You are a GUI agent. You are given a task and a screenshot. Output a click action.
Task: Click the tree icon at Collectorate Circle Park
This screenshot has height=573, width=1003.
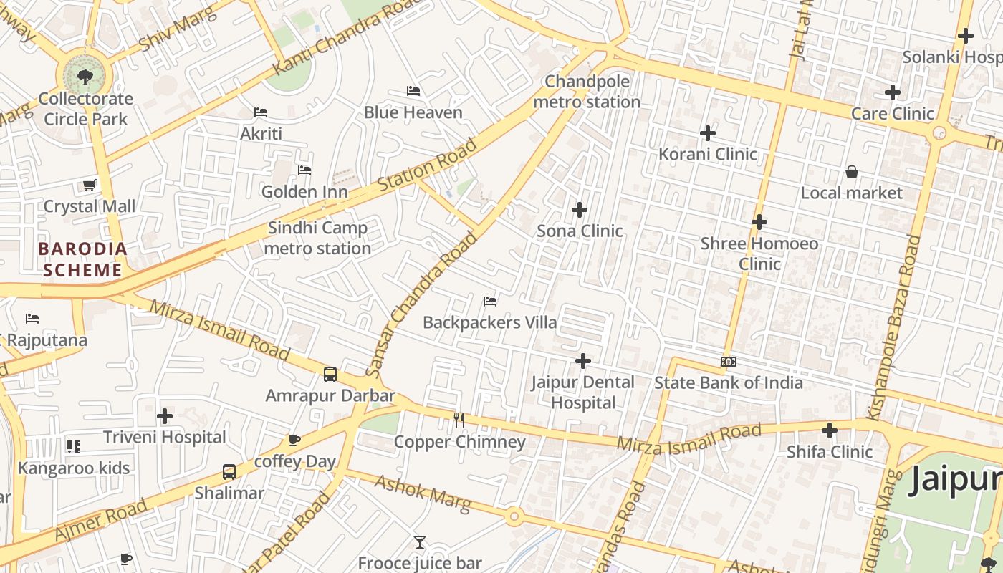pyautogui.click(x=85, y=75)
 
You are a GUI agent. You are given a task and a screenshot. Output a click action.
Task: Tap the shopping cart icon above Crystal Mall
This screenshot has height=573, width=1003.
pyautogui.click(x=89, y=186)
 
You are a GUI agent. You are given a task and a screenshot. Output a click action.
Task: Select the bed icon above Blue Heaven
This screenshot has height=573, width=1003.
pyautogui.click(x=413, y=91)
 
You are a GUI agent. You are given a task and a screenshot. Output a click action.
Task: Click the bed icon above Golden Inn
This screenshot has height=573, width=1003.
pyautogui.click(x=304, y=170)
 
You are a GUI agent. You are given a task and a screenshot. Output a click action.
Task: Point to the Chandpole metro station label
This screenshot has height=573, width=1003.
pyautogui.click(x=587, y=92)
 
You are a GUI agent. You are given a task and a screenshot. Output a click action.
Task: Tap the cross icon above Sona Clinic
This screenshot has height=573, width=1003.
pyautogui.click(x=580, y=210)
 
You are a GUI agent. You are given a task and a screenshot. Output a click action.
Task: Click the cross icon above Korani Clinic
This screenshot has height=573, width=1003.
pyautogui.click(x=708, y=133)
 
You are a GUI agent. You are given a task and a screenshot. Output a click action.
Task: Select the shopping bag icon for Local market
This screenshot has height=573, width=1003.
pyautogui.click(x=852, y=172)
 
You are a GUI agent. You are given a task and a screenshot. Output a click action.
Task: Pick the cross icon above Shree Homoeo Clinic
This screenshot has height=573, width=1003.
pyautogui.click(x=759, y=222)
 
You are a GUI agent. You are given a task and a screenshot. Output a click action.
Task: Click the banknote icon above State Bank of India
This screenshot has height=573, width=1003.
pyautogui.click(x=729, y=362)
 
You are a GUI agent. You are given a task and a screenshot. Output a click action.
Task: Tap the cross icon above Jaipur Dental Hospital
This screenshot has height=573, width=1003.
pyautogui.click(x=583, y=361)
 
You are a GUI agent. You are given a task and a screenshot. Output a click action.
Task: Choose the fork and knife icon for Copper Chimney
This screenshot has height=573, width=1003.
pyautogui.click(x=459, y=420)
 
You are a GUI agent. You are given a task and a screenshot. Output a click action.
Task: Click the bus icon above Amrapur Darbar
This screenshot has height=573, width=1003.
pyautogui.click(x=330, y=374)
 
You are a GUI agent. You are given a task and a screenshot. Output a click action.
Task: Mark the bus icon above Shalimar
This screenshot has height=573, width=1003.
pyautogui.click(x=229, y=472)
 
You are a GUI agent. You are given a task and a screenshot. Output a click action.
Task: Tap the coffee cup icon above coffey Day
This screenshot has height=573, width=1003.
pyautogui.click(x=294, y=440)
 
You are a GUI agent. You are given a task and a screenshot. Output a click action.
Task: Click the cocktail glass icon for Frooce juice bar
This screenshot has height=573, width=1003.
pyautogui.click(x=420, y=542)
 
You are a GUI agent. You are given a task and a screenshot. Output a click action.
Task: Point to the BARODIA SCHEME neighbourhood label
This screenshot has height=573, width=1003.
pyautogui.click(x=83, y=259)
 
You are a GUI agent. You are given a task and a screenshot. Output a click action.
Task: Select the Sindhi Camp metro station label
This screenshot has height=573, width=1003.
pyautogui.click(x=317, y=238)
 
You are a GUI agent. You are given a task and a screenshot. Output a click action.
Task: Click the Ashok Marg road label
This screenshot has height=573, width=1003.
pyautogui.click(x=423, y=493)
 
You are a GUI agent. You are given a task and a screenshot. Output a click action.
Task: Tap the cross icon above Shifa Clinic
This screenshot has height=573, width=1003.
pyautogui.click(x=830, y=430)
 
